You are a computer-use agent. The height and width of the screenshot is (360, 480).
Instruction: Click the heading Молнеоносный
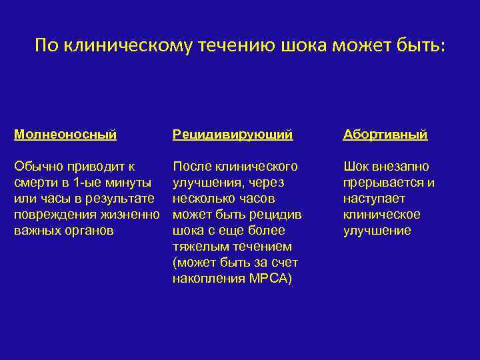(65, 135)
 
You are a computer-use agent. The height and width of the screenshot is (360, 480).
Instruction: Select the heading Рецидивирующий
(232, 135)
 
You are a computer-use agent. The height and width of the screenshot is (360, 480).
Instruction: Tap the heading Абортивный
(385, 135)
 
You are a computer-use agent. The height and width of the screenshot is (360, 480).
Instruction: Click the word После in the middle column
(192, 167)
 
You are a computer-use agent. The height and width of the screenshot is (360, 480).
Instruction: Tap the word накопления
(206, 279)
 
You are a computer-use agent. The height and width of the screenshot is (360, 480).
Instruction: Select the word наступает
(374, 199)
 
